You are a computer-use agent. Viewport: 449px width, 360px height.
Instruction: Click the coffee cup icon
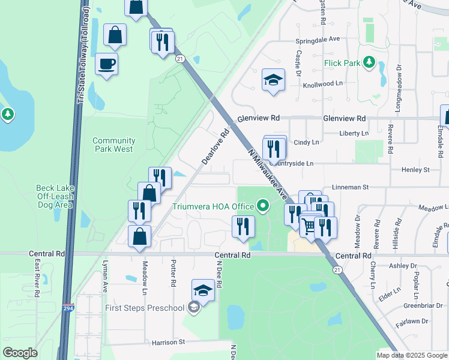click(x=106, y=63)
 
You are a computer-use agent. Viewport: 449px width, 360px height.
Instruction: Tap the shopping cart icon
click(x=309, y=226)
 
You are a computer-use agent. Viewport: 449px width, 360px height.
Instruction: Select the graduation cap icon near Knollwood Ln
click(x=273, y=80)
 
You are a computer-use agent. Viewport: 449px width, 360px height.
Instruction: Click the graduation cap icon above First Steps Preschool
click(x=203, y=291)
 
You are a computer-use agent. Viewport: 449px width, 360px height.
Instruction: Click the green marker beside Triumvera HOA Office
click(x=262, y=206)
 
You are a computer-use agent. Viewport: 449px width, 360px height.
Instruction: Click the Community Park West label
click(x=114, y=145)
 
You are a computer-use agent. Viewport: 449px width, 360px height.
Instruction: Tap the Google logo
click(x=20, y=352)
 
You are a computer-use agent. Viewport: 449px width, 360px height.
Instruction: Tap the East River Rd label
click(x=37, y=279)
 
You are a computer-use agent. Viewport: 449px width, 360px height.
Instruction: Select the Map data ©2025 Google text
click(x=412, y=355)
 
